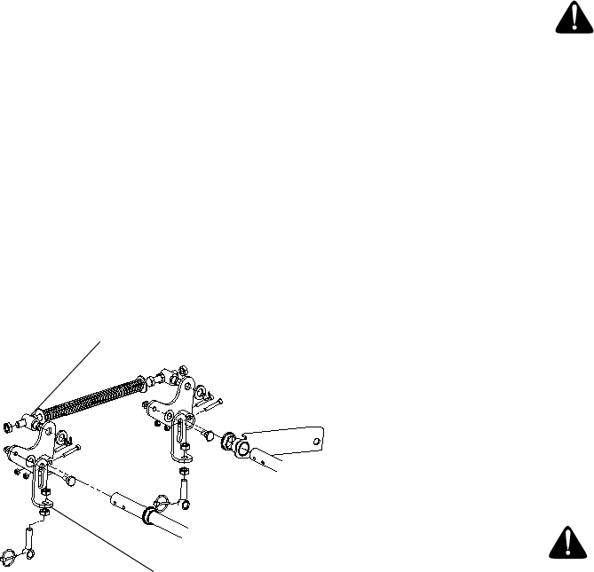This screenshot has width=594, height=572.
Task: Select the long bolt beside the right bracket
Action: (209, 405)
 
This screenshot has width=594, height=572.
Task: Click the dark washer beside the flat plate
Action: (228, 440)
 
